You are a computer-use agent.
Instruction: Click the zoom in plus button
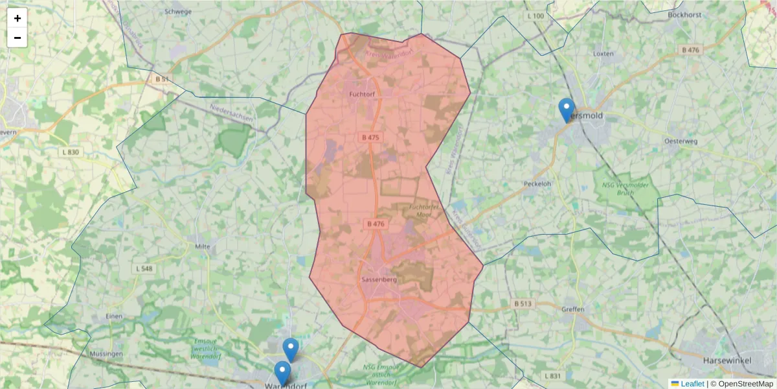17,18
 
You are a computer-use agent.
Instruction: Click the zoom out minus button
17,38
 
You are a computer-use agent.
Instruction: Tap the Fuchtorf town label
362,94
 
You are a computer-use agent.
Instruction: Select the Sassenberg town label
379,279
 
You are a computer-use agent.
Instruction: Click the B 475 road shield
371,137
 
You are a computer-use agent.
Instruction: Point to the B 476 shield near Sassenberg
376,224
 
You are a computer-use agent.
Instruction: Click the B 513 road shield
523,303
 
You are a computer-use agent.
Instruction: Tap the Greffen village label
573,309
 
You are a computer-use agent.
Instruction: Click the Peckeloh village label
537,183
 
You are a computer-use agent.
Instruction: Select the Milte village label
203,246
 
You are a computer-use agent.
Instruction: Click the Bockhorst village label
684,14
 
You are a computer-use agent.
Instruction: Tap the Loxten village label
603,54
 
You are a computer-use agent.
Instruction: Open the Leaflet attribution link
692,384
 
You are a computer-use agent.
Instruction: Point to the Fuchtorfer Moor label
425,210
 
